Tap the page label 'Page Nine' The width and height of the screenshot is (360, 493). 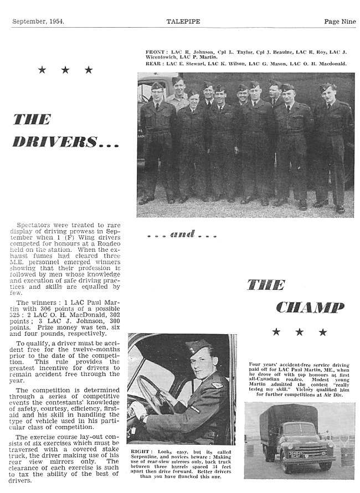coord(340,22)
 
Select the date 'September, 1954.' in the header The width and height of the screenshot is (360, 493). coord(38,22)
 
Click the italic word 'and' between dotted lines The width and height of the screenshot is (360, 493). coord(182,234)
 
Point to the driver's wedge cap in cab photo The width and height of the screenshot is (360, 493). coord(195,347)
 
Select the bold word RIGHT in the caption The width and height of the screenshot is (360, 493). coord(141,452)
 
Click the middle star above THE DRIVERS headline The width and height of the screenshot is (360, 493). coord(65,70)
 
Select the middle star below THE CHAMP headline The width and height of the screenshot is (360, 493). coord(299,332)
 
